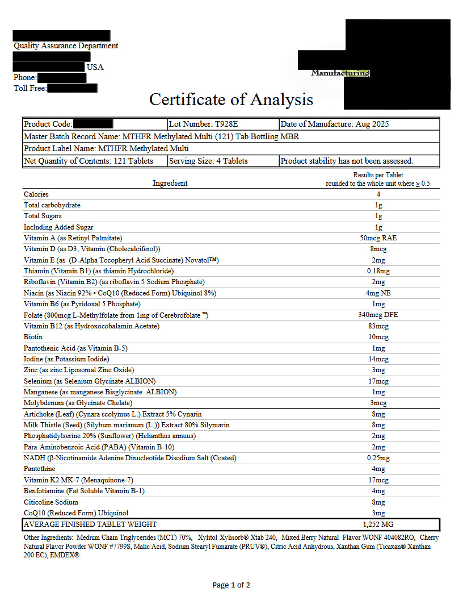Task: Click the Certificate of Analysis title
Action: tap(231, 99)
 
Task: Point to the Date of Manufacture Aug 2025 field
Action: tap(335, 124)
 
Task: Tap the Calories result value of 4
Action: tap(378, 194)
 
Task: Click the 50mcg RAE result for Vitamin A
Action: tap(378, 238)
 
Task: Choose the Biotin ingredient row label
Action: tap(33, 337)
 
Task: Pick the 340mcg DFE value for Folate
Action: tap(378, 315)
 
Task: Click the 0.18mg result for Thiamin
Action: tap(378, 271)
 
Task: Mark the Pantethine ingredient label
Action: tap(40, 469)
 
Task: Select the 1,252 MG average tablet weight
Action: tap(378, 524)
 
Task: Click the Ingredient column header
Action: tap(170, 183)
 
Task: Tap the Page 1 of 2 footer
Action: tap(231, 585)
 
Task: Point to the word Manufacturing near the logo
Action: tap(340, 73)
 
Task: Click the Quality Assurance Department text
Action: tap(66, 45)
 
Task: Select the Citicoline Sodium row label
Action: tap(51, 502)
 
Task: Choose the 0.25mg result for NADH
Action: tap(378, 458)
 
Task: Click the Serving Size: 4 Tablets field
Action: tap(208, 161)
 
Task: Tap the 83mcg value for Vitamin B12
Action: tap(378, 326)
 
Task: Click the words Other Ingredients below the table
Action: tap(48, 537)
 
